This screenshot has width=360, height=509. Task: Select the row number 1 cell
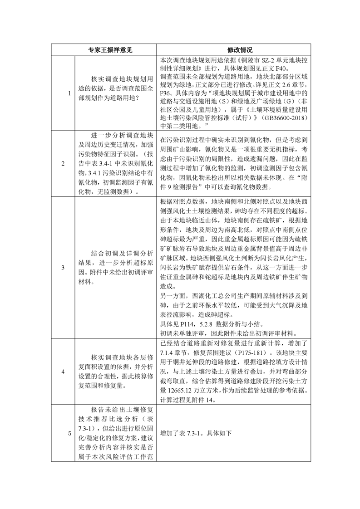pyautogui.click(x=69, y=93)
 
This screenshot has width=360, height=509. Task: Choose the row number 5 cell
pyautogui.click(x=69, y=433)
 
